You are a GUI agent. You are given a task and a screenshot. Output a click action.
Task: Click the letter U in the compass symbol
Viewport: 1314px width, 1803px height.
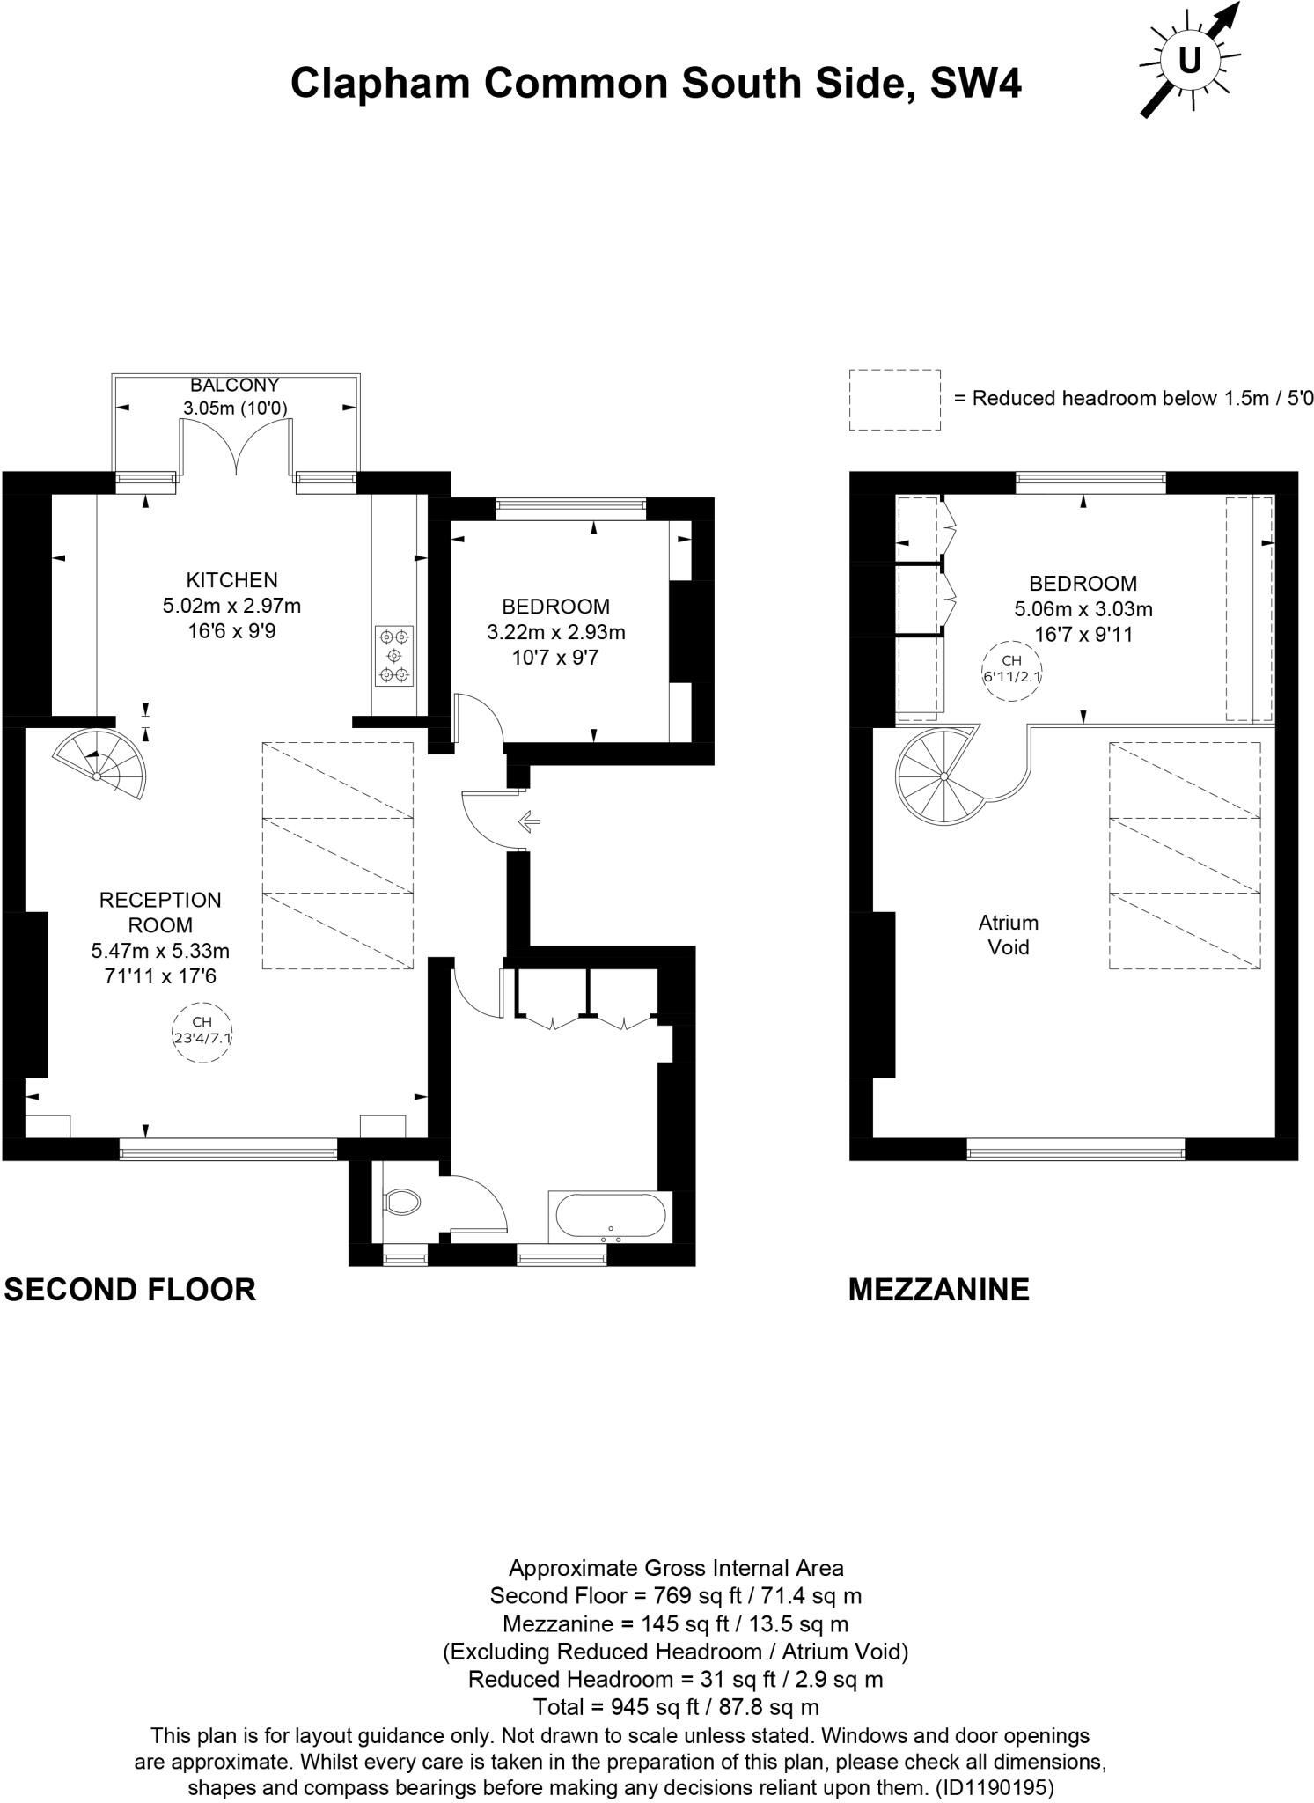pyautogui.click(x=1189, y=61)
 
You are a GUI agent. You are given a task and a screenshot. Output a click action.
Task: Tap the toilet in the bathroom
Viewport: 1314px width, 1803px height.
pyautogui.click(x=403, y=1202)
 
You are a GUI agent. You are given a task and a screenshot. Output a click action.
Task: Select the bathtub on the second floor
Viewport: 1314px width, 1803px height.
pyautogui.click(x=607, y=1217)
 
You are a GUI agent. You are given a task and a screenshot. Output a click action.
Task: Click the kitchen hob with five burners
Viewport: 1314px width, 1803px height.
pyautogui.click(x=394, y=656)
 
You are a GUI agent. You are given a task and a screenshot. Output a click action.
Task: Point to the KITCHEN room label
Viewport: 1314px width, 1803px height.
pyautogui.click(x=231, y=580)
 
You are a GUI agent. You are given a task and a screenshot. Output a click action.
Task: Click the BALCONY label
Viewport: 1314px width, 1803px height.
pyautogui.click(x=235, y=385)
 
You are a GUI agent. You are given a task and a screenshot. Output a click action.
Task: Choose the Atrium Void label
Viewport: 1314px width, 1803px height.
pyautogui.click(x=1009, y=935)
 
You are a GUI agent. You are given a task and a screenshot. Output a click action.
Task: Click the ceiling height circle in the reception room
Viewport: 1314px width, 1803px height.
pyautogui.click(x=202, y=1032)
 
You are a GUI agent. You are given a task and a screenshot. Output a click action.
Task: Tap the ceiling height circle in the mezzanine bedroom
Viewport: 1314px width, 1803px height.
pyautogui.click(x=1012, y=671)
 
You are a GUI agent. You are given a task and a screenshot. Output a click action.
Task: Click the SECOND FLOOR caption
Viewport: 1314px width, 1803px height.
pyautogui.click(x=130, y=1290)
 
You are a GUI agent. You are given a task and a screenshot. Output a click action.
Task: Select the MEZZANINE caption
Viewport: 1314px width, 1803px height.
pyautogui.click(x=939, y=1290)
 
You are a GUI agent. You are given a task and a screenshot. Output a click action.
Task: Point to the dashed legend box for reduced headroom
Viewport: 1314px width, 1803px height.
pyautogui.click(x=895, y=400)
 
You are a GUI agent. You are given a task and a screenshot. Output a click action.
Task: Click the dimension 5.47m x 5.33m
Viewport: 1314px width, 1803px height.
pyautogui.click(x=160, y=951)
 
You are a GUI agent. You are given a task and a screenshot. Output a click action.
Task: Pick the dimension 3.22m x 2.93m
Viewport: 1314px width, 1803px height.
pyautogui.click(x=556, y=632)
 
